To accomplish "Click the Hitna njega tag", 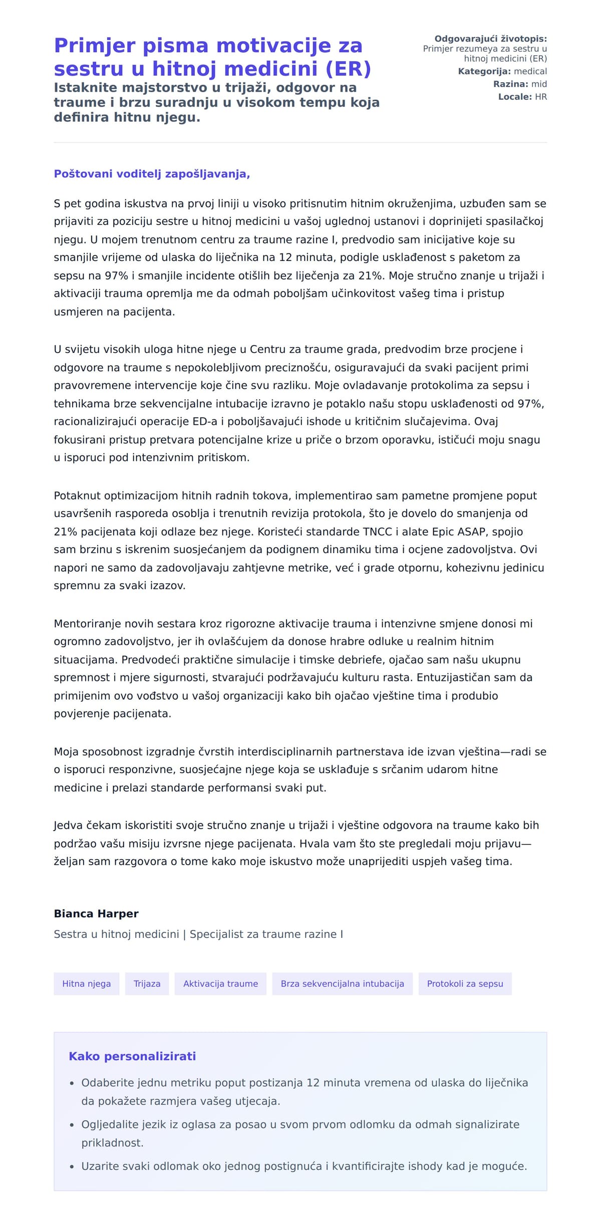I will [86, 984].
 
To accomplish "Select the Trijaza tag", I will [147, 984].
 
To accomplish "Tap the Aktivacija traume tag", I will [220, 984].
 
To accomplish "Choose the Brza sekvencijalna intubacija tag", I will [342, 984].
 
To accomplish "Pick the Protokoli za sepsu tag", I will [465, 984].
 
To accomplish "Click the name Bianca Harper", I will [96, 913].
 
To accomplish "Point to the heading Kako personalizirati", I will [132, 1056].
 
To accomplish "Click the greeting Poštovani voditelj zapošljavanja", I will [152, 174].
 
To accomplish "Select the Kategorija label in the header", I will [484, 72].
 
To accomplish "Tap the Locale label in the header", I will [514, 97].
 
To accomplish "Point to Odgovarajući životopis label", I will [490, 39].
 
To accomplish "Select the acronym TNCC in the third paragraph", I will [377, 532].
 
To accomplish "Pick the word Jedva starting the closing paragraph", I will [69, 825].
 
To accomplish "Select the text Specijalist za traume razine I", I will [266, 934].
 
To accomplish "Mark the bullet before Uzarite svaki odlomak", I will [72, 1166].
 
